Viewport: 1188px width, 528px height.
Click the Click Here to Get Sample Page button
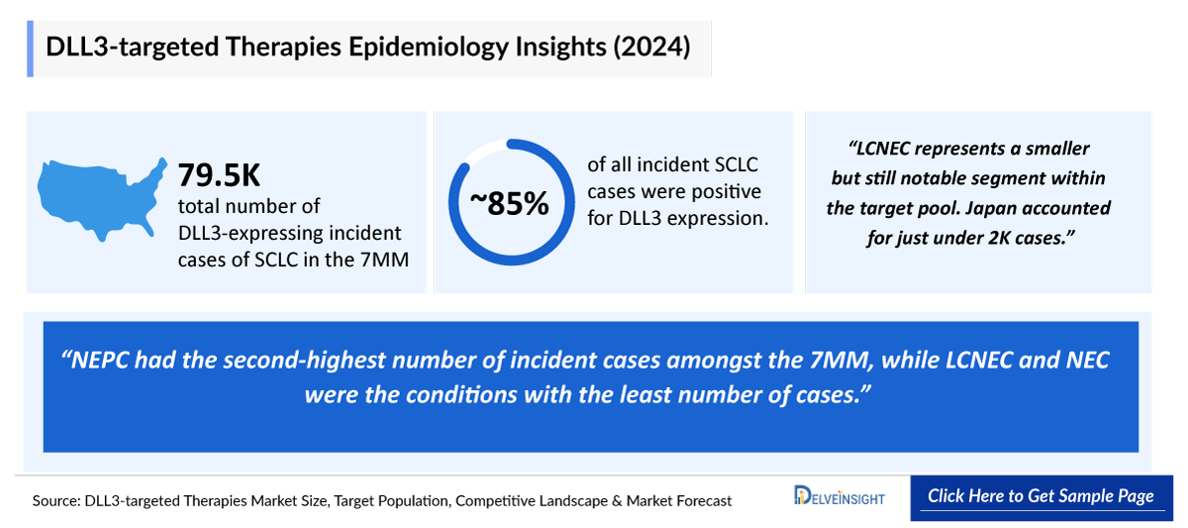(1040, 496)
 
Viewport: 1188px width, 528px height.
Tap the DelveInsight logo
(840, 497)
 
